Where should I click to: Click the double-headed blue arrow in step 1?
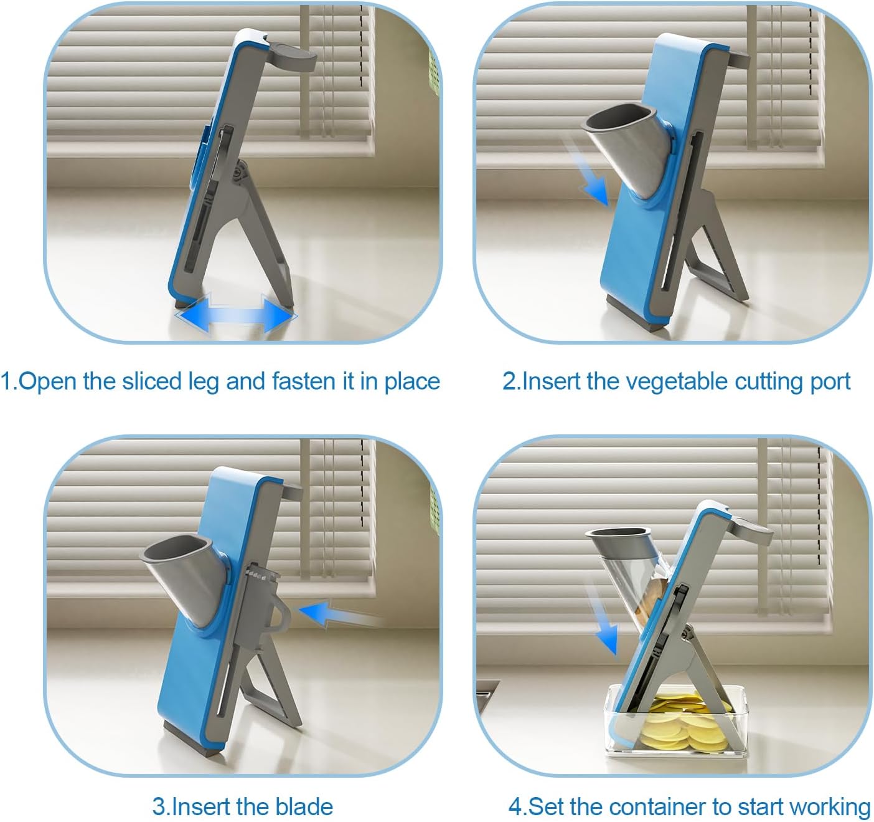237,315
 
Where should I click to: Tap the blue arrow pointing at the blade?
339,613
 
